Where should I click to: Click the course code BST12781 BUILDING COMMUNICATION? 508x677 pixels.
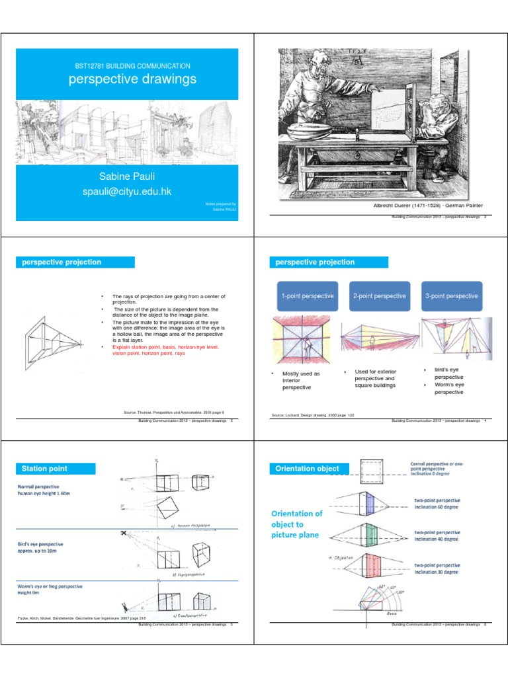click(x=133, y=66)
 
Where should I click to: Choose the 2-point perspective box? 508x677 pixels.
click(x=379, y=296)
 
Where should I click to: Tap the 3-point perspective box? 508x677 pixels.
click(x=451, y=296)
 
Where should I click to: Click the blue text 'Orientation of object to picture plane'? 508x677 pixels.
click(x=297, y=524)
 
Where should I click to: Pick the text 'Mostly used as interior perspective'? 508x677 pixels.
click(x=302, y=381)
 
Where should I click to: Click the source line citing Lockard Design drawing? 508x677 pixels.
click(x=313, y=415)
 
